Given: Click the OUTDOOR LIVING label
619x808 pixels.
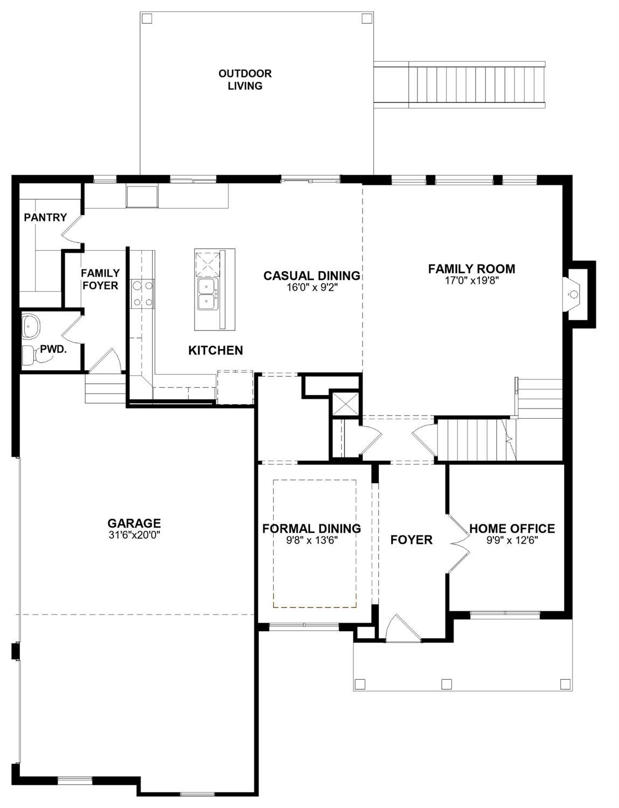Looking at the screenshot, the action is pyautogui.click(x=245, y=80).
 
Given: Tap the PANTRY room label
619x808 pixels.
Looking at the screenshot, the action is pyautogui.click(x=45, y=217).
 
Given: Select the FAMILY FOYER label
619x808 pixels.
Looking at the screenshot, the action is pyautogui.click(x=100, y=279).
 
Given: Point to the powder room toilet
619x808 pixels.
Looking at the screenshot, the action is pyautogui.click(x=29, y=355).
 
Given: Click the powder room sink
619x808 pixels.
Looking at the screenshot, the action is pyautogui.click(x=29, y=326).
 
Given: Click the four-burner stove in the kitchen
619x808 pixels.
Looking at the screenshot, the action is pyautogui.click(x=143, y=294).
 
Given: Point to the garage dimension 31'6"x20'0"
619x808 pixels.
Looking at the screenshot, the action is pyautogui.click(x=134, y=535).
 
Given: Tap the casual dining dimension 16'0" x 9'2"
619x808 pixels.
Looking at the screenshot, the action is pyautogui.click(x=312, y=287).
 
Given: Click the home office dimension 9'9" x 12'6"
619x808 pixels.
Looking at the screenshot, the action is pyautogui.click(x=512, y=540).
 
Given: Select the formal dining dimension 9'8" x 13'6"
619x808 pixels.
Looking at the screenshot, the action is pyautogui.click(x=311, y=540).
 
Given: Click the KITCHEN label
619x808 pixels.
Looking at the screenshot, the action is pyautogui.click(x=215, y=350).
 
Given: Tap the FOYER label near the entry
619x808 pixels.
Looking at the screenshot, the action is pyautogui.click(x=411, y=540).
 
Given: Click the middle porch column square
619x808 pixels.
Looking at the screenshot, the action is pyautogui.click(x=446, y=684).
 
